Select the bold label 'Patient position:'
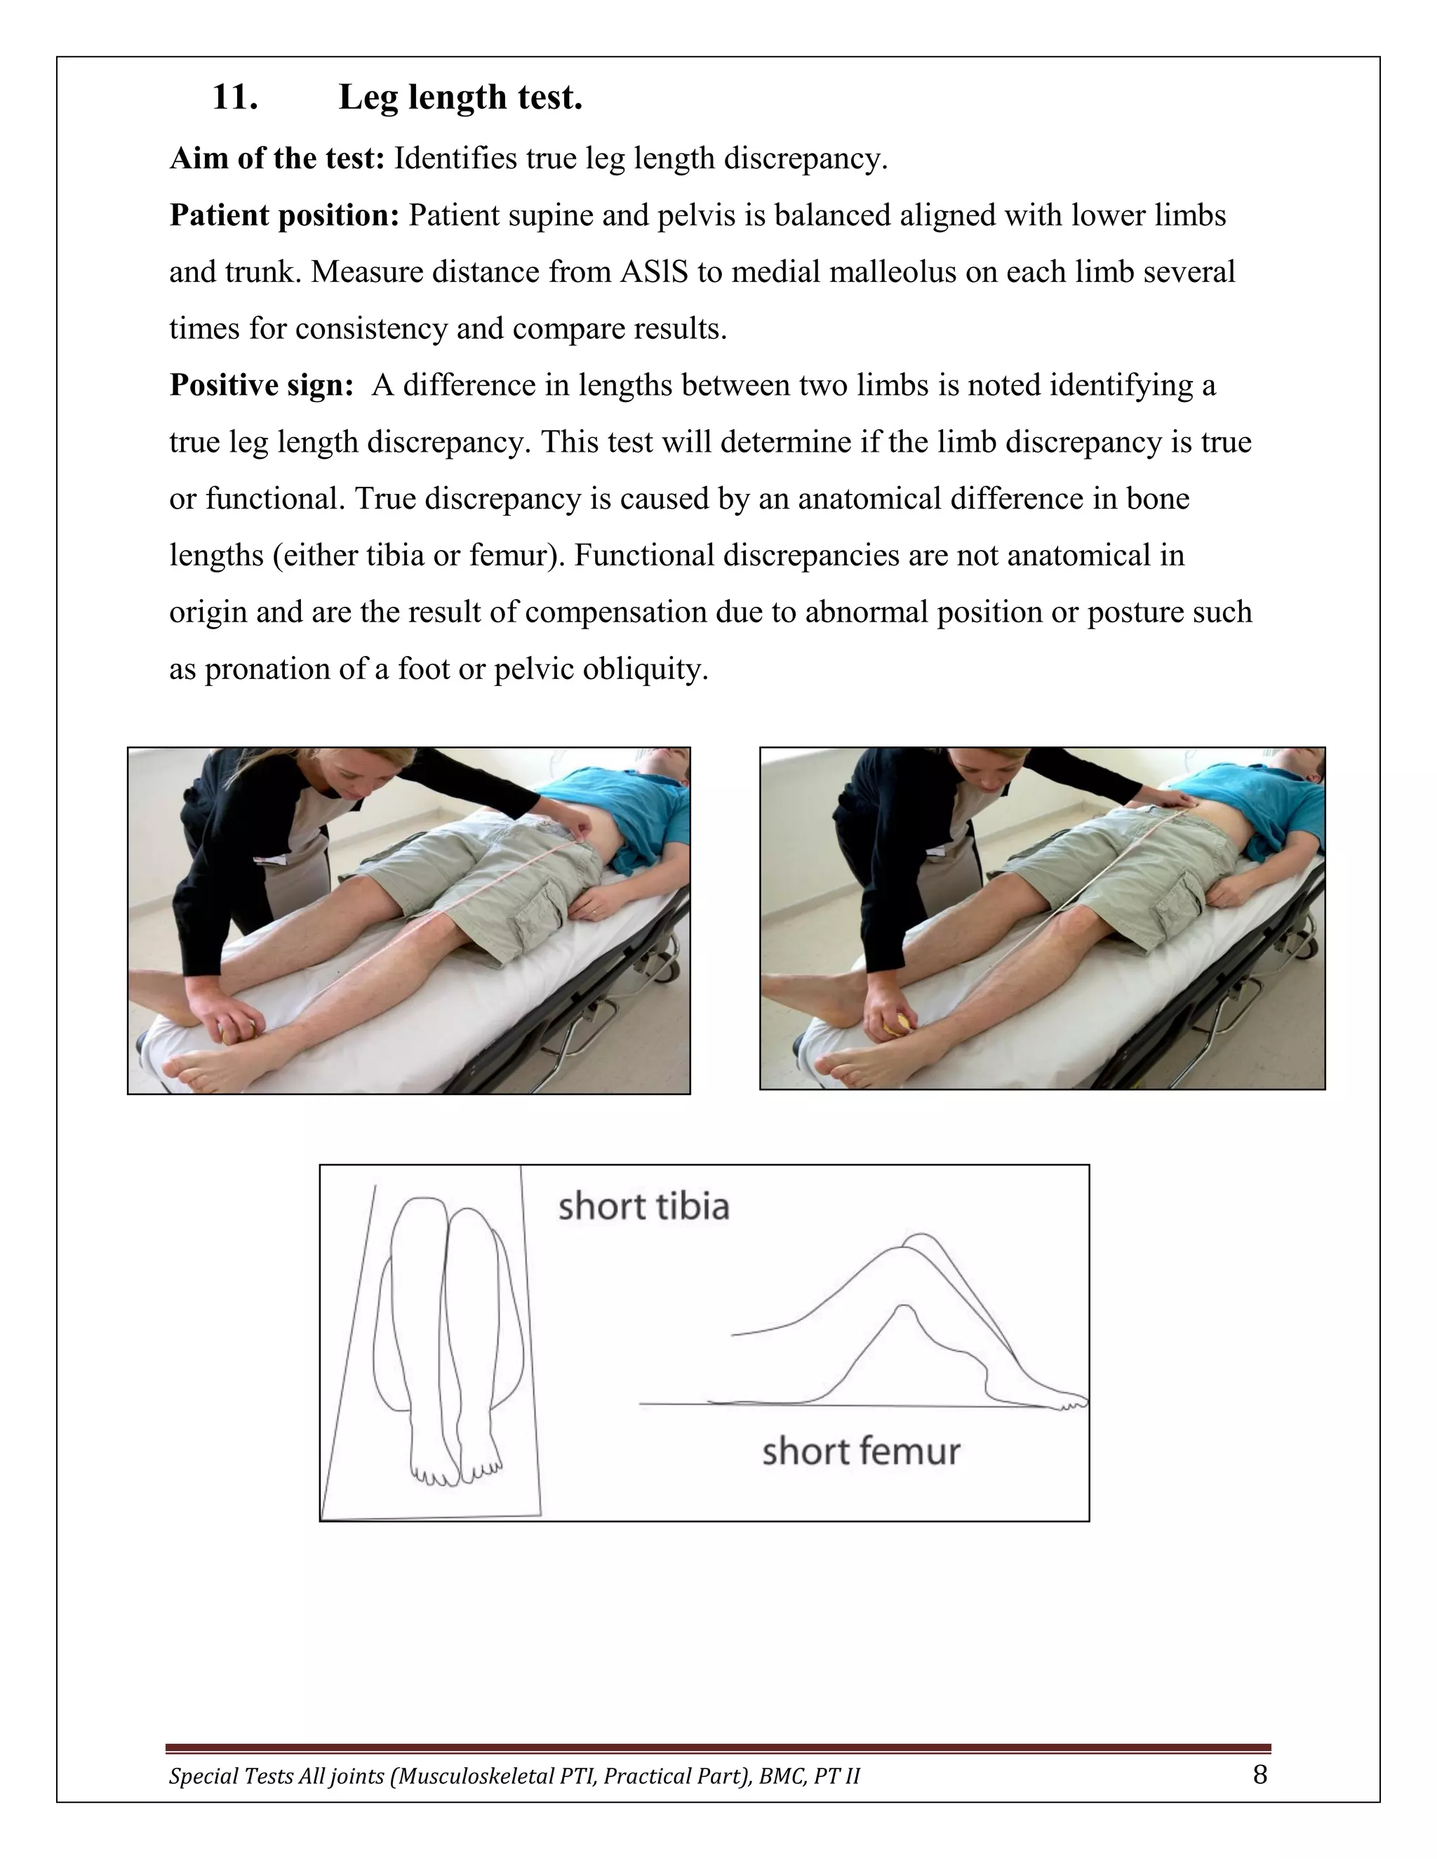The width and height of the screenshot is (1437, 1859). click(x=284, y=215)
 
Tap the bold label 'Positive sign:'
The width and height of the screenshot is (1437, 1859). click(x=261, y=386)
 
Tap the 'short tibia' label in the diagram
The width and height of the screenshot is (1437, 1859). click(x=643, y=1207)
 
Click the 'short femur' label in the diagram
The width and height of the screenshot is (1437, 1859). click(x=861, y=1451)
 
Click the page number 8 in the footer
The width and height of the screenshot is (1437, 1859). click(x=1260, y=1775)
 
